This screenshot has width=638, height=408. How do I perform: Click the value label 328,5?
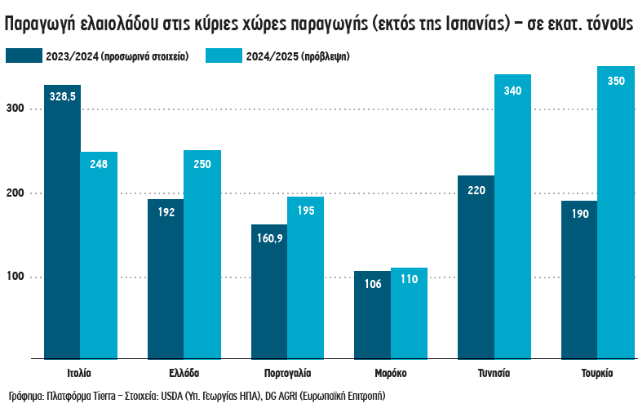pyautogui.click(x=63, y=96)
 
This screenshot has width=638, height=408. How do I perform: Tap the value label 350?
pyautogui.click(x=616, y=81)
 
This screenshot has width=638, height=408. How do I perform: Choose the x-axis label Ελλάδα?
pyautogui.click(x=184, y=373)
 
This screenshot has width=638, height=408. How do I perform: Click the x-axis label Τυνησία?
pyautogui.click(x=494, y=373)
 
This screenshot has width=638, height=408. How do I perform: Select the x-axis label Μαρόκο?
pyautogui.click(x=391, y=373)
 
